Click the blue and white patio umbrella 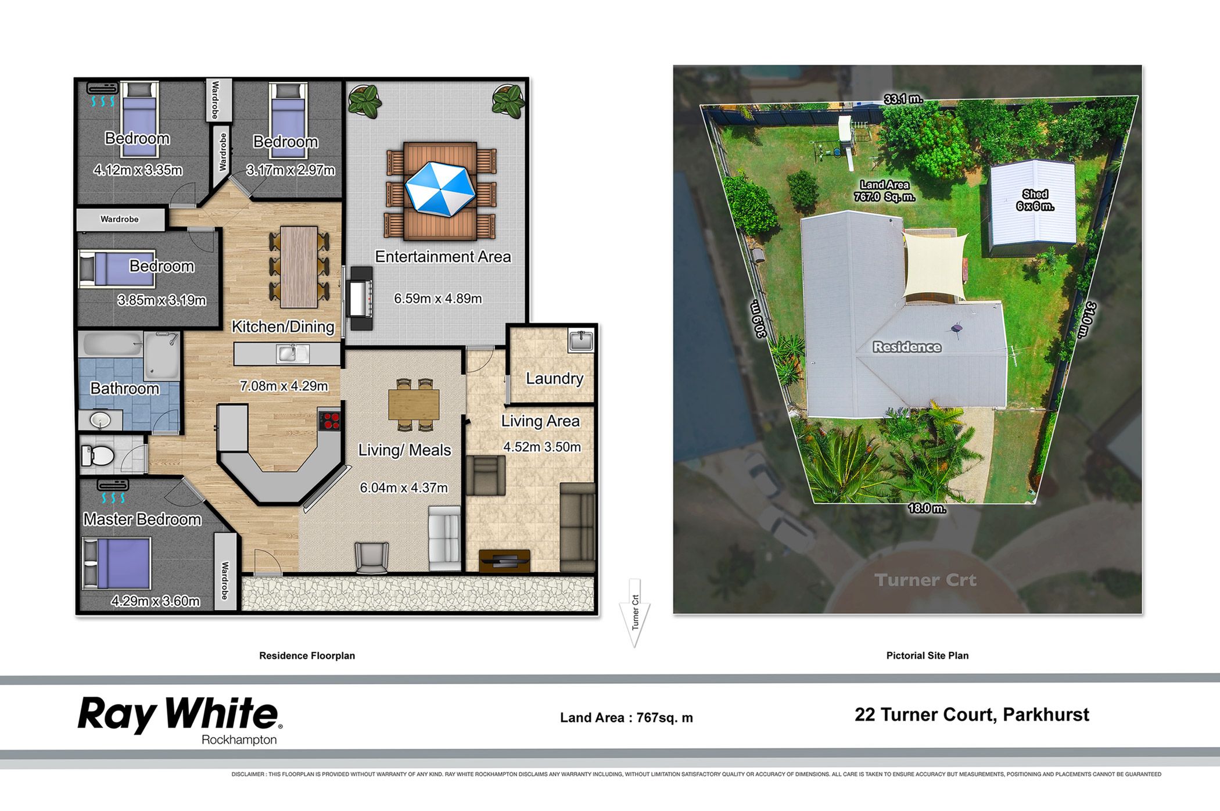440,189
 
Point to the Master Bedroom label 142,519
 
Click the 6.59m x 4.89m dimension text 438,299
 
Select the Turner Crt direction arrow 634,613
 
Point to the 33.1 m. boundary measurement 903,99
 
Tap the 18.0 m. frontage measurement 927,508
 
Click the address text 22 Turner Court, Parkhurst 972,715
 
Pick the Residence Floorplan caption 307,655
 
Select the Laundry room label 554,379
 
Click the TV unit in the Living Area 504,561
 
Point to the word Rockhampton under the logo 239,740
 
